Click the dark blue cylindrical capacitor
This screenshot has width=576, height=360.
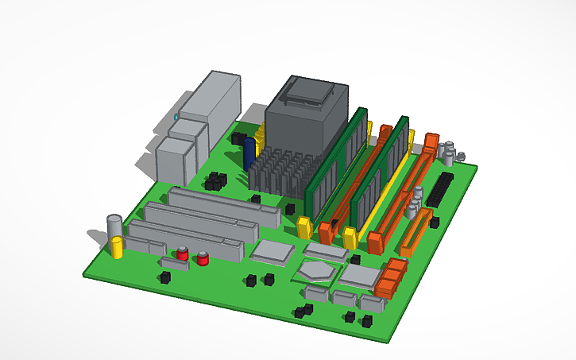point(249,153)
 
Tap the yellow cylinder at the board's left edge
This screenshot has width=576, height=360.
point(118,247)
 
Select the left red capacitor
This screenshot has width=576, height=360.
point(183,254)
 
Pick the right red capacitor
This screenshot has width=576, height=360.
point(203,258)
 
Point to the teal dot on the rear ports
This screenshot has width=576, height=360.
point(176,118)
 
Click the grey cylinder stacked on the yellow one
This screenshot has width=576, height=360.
point(114,226)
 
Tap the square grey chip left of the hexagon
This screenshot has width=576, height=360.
point(272,252)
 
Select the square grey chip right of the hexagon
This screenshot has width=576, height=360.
point(360,276)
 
